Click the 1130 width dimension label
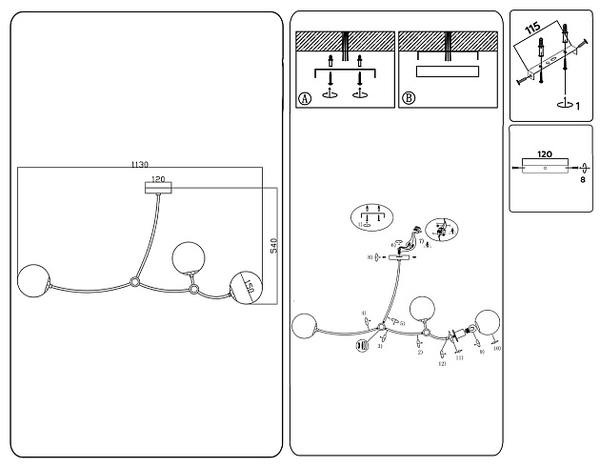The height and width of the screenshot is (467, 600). pyautogui.click(x=139, y=164)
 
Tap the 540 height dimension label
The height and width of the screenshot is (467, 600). pyautogui.click(x=273, y=245)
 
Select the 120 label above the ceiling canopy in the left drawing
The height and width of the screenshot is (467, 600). pyautogui.click(x=158, y=178)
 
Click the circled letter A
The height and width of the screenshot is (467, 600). pyautogui.click(x=305, y=98)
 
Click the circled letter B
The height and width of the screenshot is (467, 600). pyautogui.click(x=409, y=98)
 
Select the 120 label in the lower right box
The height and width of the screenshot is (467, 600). pyautogui.click(x=545, y=152)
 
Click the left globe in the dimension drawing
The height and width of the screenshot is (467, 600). pyautogui.click(x=34, y=279)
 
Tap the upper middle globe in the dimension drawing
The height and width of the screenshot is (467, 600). pyautogui.click(x=187, y=257)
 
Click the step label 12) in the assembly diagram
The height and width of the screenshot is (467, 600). pyautogui.click(x=442, y=364)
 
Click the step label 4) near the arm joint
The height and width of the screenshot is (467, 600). pyautogui.click(x=364, y=313)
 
